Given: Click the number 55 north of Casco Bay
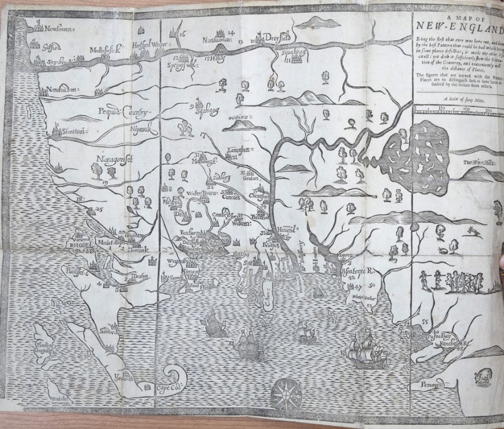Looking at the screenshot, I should [425, 321].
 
